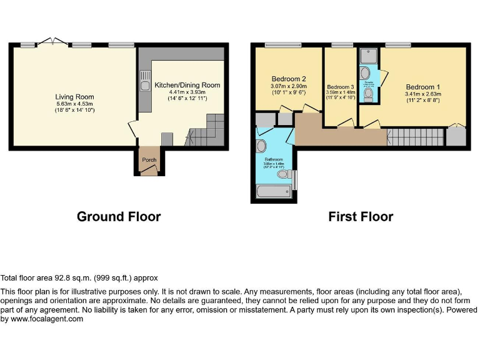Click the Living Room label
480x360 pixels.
coord(74,96)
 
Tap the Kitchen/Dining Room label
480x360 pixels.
coord(187,85)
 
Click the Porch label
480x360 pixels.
coord(149,160)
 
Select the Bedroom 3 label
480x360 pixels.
coord(341,87)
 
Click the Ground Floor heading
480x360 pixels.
coord(119,217)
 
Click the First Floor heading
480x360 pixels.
coord(361,217)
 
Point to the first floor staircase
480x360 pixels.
coord(415,136)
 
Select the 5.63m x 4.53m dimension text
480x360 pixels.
coord(74,104)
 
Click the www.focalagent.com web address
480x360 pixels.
coord(44,319)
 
